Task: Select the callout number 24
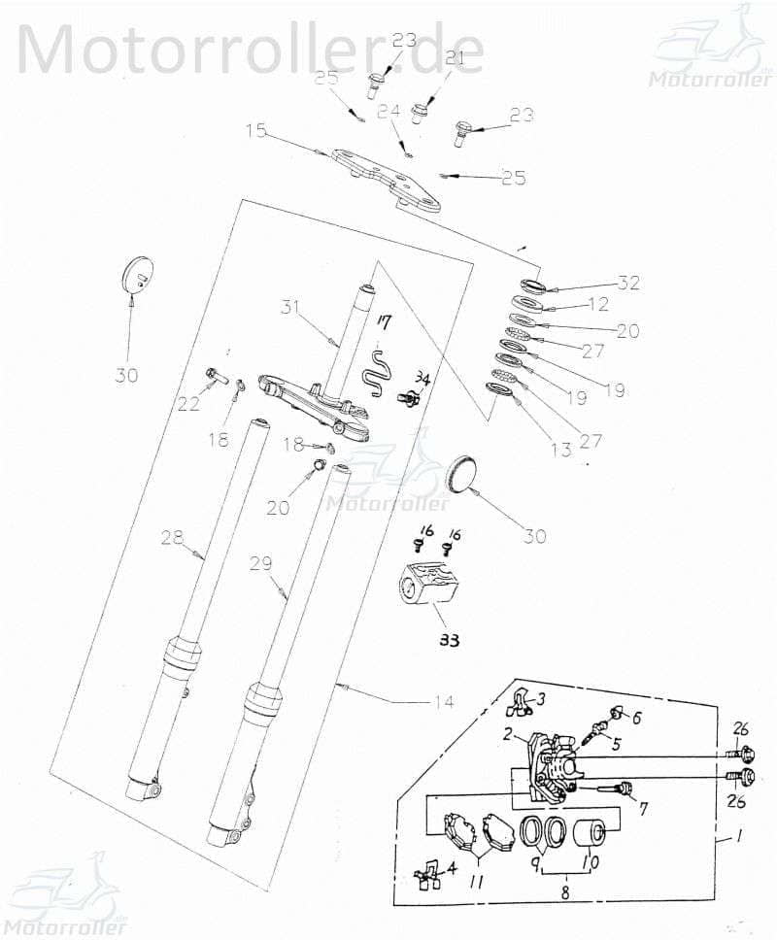[388, 112]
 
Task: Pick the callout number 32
[629, 283]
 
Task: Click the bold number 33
[448, 640]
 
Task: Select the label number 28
[171, 536]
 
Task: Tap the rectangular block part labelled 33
[434, 587]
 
